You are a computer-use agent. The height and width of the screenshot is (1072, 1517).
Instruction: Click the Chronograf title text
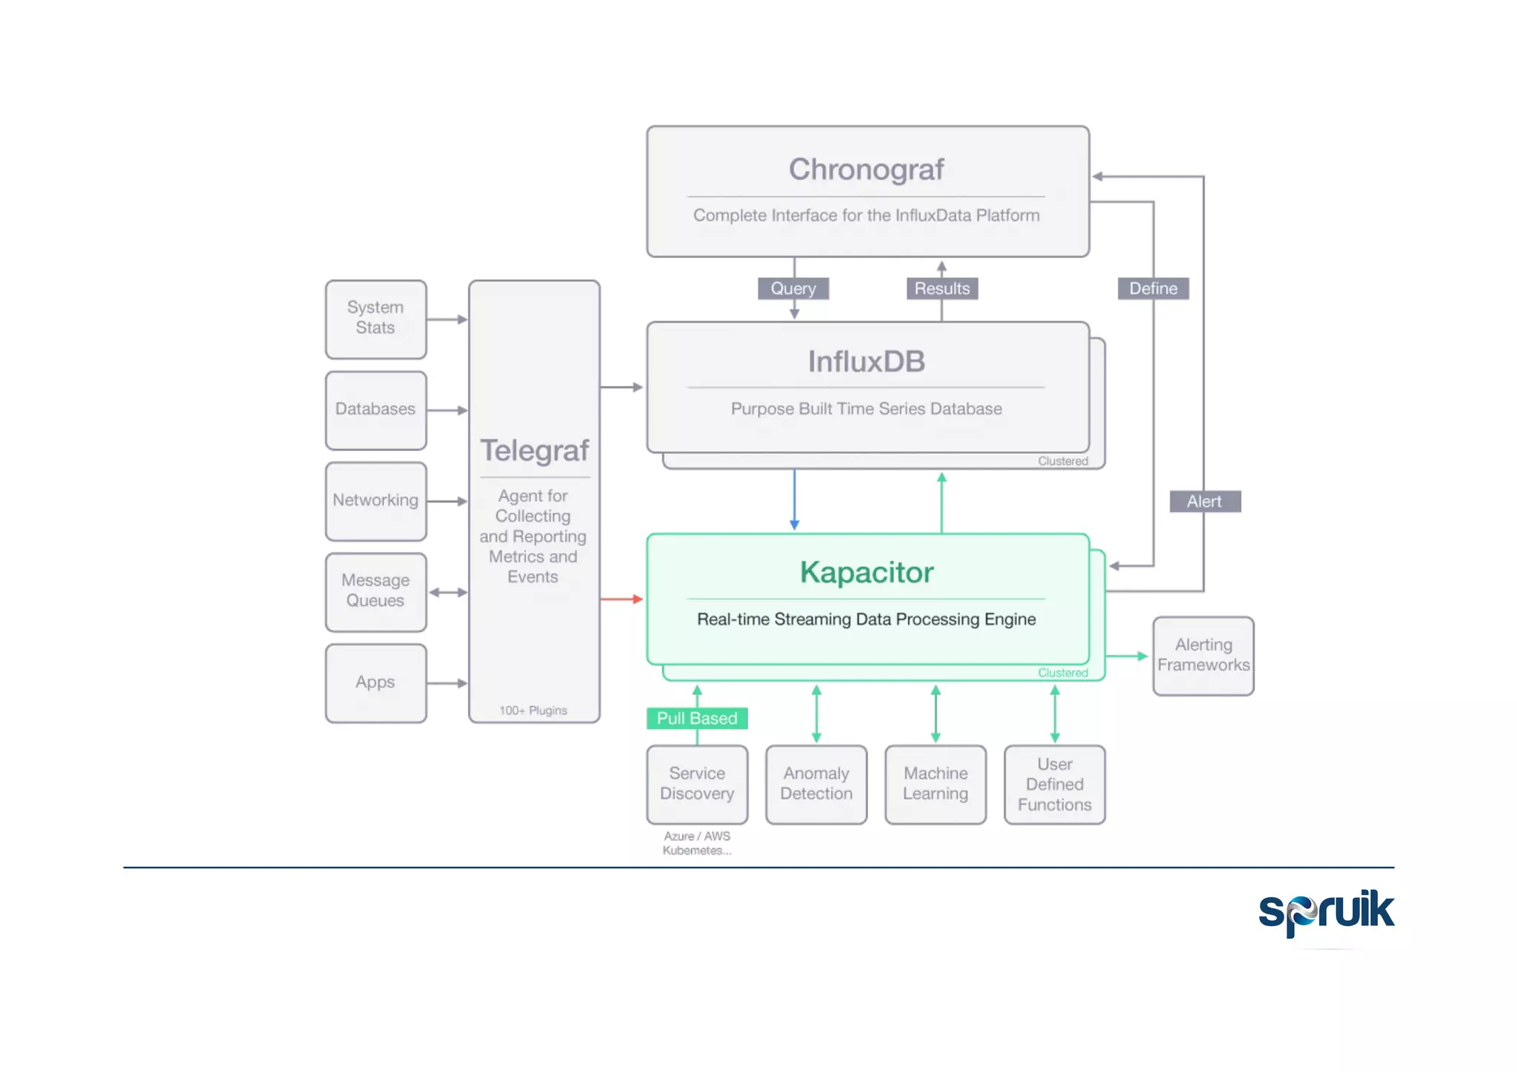[x=866, y=170]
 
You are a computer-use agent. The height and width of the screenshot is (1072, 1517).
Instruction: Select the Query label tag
[x=793, y=288]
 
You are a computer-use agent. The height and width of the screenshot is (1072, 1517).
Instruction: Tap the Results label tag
[x=941, y=288]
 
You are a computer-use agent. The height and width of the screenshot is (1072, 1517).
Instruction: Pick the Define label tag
[x=1153, y=288]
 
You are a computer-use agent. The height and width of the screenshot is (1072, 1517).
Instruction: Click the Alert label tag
[x=1204, y=502]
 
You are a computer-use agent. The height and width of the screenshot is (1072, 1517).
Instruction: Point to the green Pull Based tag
[x=696, y=718]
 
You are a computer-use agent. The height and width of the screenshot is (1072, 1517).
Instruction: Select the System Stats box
[x=376, y=319]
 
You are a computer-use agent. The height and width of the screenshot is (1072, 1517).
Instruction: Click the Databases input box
[x=376, y=410]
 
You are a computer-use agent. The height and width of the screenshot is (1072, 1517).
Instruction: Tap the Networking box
[x=376, y=501]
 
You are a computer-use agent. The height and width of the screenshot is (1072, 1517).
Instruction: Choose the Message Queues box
[x=376, y=591]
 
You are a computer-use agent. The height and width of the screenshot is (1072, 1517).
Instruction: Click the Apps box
[x=376, y=682]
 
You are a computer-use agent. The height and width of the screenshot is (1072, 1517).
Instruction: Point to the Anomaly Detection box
[x=816, y=784]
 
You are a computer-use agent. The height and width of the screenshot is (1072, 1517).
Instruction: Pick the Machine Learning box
[x=936, y=784]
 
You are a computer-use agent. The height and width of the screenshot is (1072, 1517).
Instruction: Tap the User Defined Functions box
[x=1055, y=784]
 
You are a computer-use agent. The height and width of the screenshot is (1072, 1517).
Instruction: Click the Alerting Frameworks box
[x=1203, y=656]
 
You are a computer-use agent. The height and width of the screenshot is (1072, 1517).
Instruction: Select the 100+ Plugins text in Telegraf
[x=533, y=710]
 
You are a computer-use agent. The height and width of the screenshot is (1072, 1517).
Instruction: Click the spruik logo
[x=1326, y=911]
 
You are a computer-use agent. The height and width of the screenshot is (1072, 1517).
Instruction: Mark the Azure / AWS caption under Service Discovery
[x=696, y=836]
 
